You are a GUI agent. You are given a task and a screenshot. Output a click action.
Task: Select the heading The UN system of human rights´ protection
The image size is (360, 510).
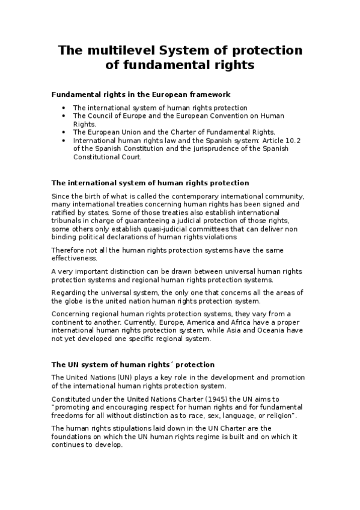133,364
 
